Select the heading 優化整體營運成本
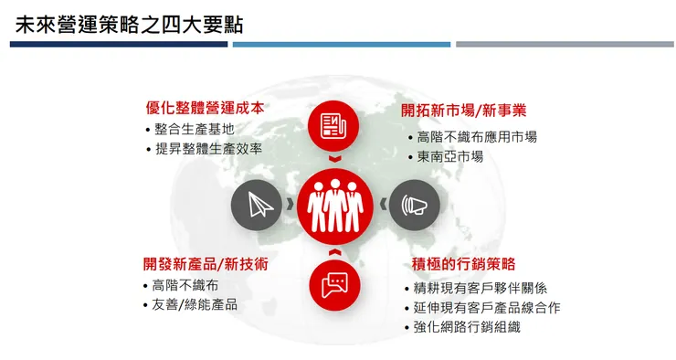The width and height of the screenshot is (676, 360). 205,108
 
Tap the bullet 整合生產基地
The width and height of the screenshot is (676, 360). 195,129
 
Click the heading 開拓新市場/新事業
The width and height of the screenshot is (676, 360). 463,111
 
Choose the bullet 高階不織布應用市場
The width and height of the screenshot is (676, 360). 477,137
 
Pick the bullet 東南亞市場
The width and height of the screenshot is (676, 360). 450,156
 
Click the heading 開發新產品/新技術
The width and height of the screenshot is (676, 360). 206,263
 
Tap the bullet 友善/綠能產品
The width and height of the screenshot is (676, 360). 195,303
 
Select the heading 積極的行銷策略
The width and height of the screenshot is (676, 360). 464,264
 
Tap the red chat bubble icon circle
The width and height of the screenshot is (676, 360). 334,284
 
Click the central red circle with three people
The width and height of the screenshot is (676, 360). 335,205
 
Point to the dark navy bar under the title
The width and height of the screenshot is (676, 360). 119,44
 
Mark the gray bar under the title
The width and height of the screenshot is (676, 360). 564,44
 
